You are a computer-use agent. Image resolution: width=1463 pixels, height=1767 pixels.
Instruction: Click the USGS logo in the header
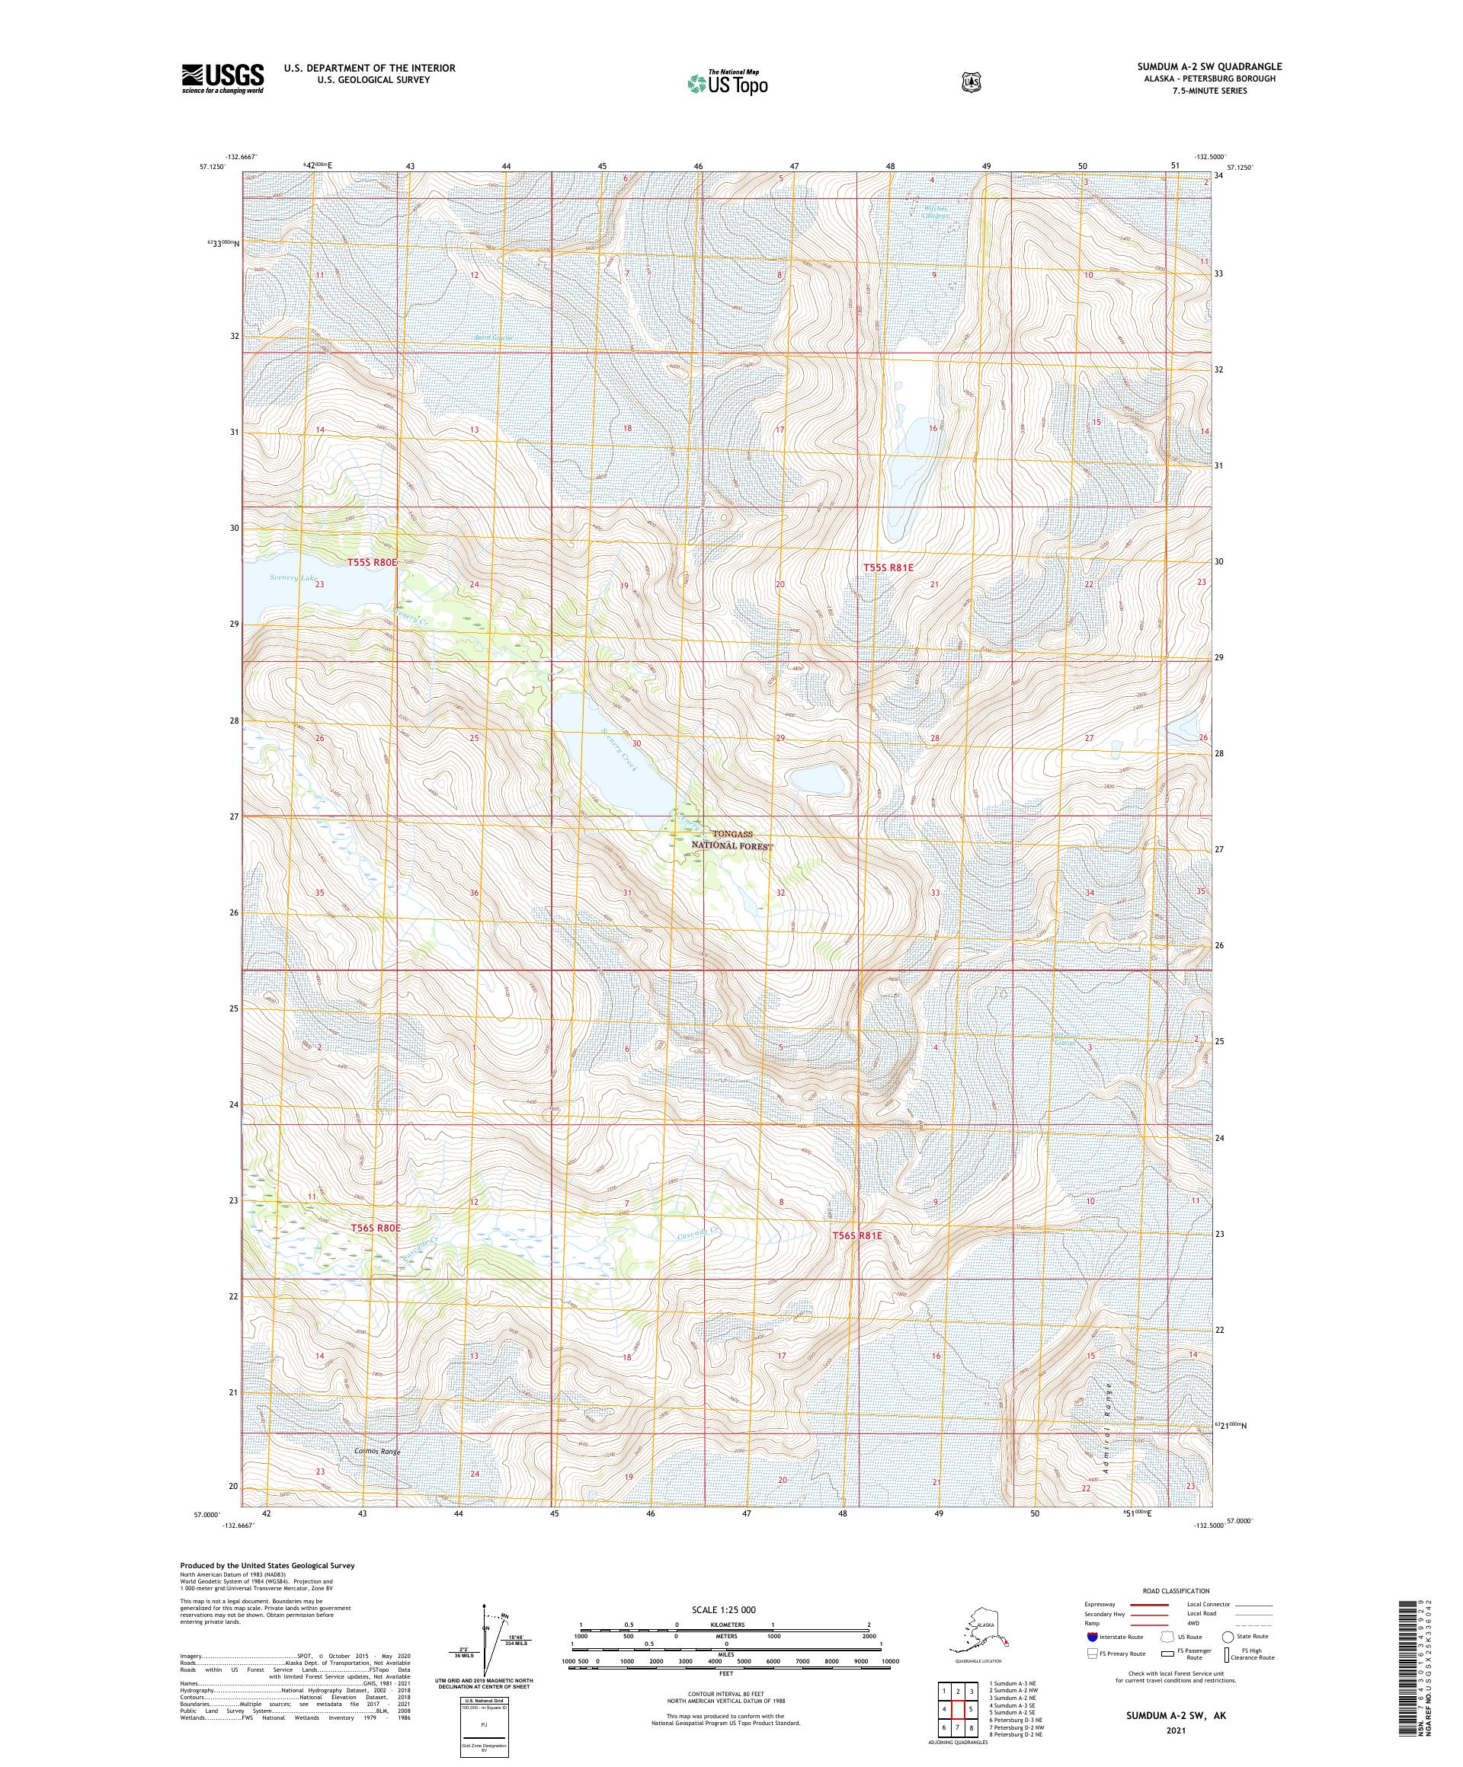click(x=222, y=79)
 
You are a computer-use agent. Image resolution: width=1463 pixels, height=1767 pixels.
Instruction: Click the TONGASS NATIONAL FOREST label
click(x=730, y=839)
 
